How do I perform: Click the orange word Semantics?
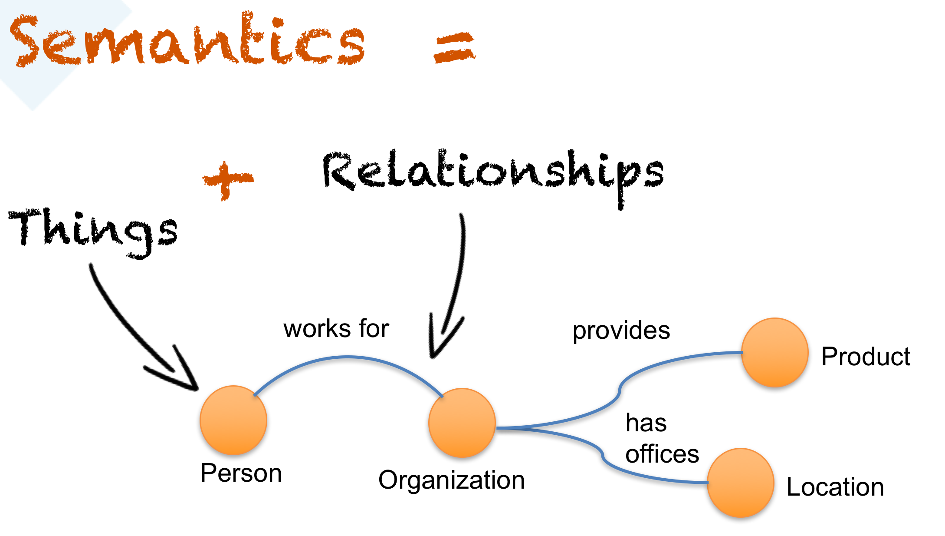187,41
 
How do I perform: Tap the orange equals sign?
454,48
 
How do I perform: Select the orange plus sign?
227,180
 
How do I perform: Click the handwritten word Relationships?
492,174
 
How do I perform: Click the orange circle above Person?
233,420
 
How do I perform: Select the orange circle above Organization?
462,423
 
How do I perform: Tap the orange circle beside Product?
774,352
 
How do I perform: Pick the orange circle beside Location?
741,483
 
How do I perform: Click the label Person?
241,473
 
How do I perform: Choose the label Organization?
451,480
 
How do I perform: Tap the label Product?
866,357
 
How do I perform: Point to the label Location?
835,487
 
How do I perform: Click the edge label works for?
336,328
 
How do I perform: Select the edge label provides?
621,331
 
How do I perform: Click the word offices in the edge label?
662,454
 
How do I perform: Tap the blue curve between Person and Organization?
347,357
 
